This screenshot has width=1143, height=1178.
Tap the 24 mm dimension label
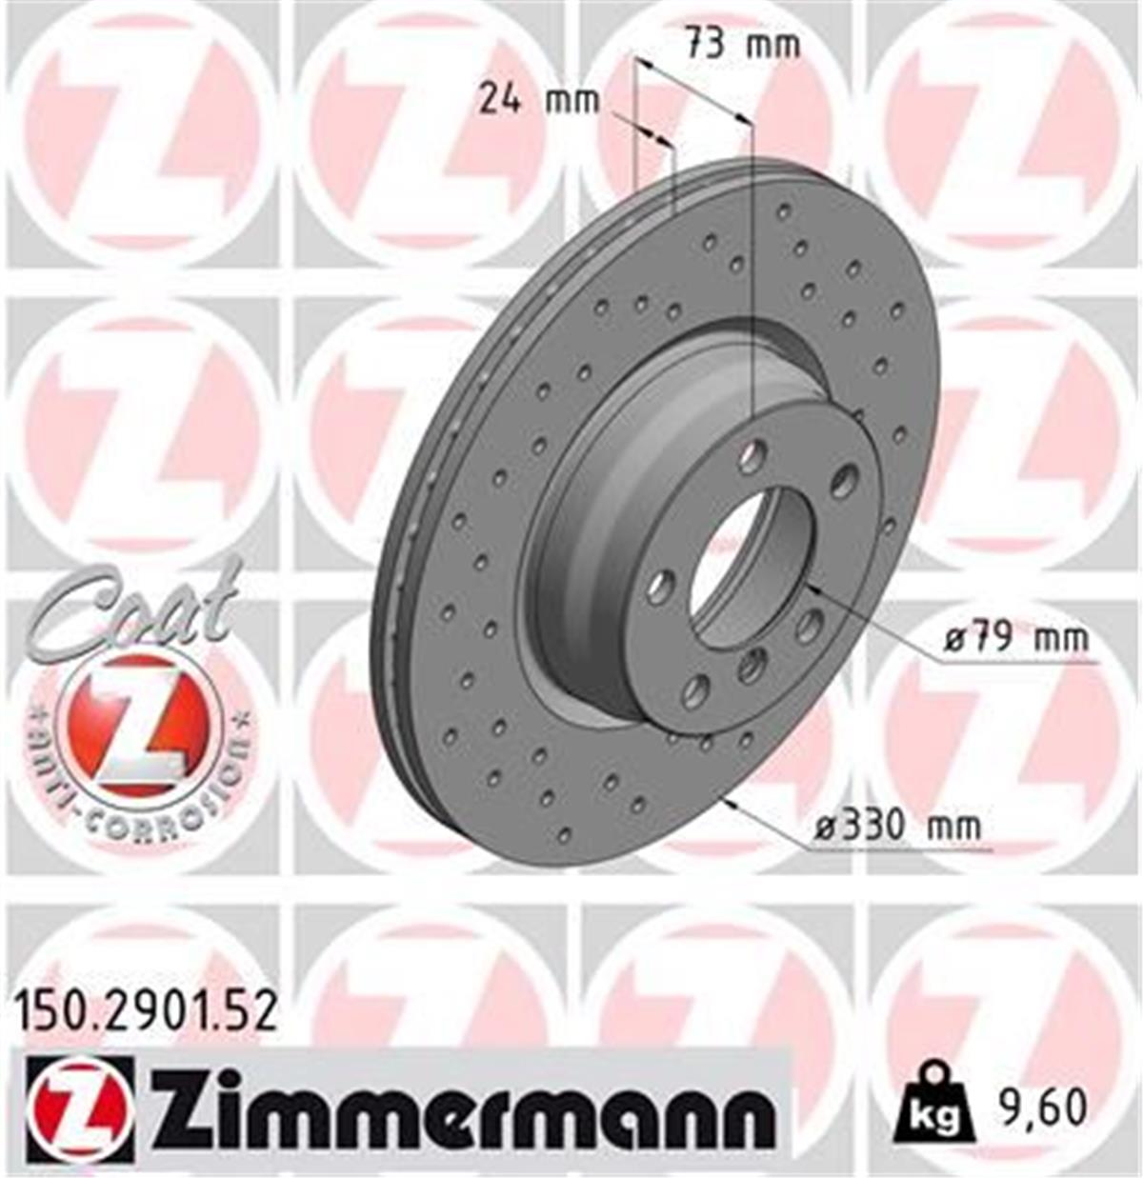538,99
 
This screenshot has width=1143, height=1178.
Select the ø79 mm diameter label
1015,637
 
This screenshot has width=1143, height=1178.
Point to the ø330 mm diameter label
896,825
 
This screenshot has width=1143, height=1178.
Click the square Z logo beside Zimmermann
80,1111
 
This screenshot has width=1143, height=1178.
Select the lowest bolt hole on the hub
696,690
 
